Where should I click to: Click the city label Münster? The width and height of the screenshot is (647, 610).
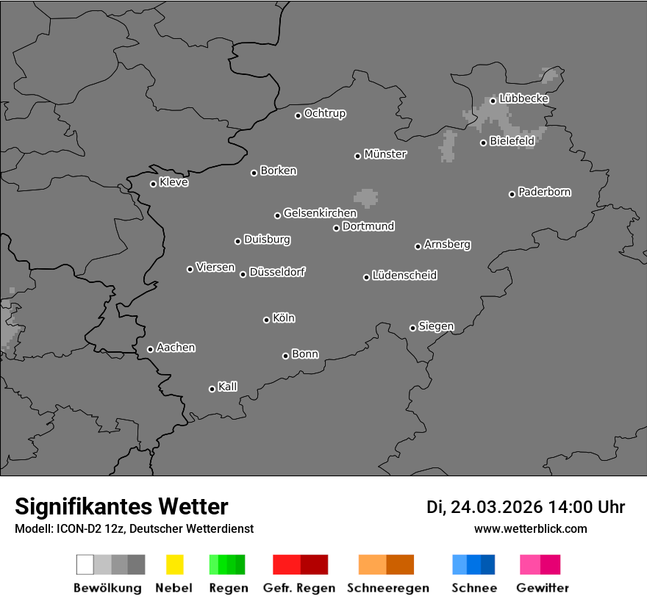tap(385, 154)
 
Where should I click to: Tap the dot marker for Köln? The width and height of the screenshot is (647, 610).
tap(266, 320)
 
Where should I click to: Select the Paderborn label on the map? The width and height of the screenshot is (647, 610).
tap(545, 192)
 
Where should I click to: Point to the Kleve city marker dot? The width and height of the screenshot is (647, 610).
tap(153, 184)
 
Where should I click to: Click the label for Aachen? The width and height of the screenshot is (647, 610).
tap(176, 348)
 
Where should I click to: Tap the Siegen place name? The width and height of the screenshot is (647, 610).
tap(436, 326)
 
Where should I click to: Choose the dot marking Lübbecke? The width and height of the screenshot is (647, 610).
tap(493, 101)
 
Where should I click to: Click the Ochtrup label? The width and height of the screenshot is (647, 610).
tap(325, 114)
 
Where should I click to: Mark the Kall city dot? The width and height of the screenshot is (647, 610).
tap(212, 389)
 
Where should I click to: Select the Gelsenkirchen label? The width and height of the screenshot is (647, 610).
tap(320, 213)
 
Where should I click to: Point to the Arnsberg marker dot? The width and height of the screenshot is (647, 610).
tap(418, 246)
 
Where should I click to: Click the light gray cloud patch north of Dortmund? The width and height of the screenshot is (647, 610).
tap(365, 198)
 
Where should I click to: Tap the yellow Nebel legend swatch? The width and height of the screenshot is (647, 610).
tap(174, 564)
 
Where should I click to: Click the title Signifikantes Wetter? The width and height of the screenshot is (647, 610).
tap(121, 507)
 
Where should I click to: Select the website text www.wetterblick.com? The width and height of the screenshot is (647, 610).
tap(530, 529)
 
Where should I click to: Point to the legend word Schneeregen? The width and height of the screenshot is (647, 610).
tap(388, 588)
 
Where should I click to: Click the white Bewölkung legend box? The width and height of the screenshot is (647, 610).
tap(85, 564)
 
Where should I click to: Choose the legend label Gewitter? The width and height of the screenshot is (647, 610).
tap(543, 588)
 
